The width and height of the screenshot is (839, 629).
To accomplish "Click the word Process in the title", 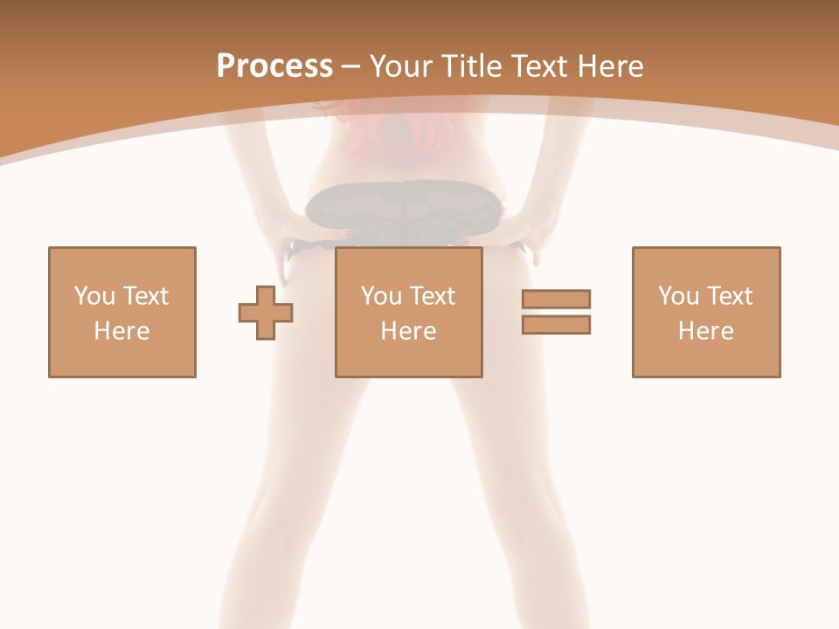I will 274,66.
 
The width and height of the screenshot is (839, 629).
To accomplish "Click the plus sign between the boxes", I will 266,312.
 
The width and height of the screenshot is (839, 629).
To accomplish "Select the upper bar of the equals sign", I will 556,299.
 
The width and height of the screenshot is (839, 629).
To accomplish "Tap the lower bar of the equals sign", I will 556,324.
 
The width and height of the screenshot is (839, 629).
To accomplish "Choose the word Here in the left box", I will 121,331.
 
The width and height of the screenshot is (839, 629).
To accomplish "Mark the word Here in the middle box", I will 408,331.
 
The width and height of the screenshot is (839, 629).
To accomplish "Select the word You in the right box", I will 678,296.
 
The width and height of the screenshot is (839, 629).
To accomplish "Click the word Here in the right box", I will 705,331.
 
